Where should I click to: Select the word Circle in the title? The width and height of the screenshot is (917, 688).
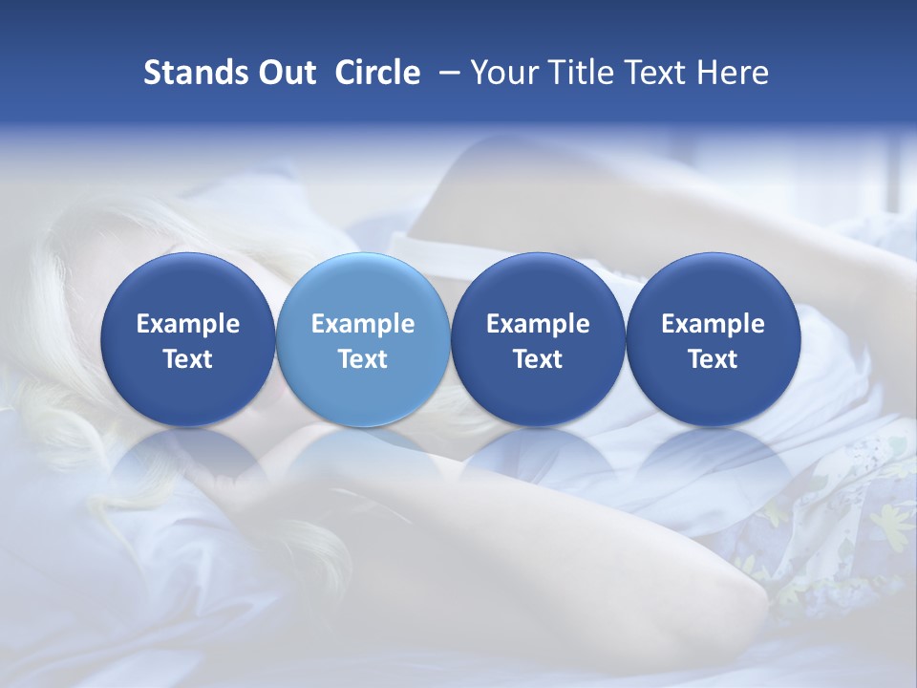(x=377, y=73)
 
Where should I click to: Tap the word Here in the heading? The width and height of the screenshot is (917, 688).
(x=733, y=73)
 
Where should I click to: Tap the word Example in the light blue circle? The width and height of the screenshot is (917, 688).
(x=363, y=325)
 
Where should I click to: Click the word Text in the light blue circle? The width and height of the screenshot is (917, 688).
(x=363, y=359)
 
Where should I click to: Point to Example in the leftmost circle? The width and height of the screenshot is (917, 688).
(x=188, y=325)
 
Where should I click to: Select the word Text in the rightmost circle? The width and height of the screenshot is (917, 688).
(x=713, y=359)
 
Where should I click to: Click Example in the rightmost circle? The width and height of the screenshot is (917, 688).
(x=713, y=325)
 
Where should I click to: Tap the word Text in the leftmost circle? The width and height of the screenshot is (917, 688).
(x=188, y=359)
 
